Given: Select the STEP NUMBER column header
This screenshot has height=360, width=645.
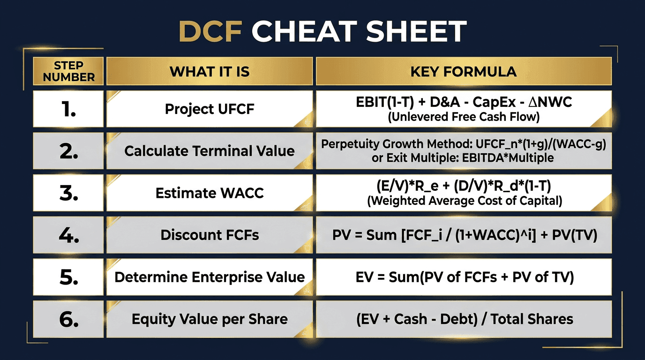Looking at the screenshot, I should pyautogui.click(x=68, y=71).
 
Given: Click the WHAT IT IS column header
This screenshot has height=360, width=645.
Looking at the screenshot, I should pyautogui.click(x=210, y=71).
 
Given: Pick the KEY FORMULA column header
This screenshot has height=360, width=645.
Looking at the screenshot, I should pyautogui.click(x=464, y=71).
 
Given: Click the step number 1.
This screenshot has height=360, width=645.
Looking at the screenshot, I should pyautogui.click(x=68, y=109).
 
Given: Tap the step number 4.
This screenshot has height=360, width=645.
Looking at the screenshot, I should pyautogui.click(x=68, y=235).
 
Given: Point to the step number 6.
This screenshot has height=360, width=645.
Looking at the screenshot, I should pyautogui.click(x=68, y=319).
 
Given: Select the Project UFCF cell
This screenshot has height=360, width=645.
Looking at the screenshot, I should pyautogui.click(x=210, y=109).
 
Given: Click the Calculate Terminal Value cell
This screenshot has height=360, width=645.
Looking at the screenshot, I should pyautogui.click(x=210, y=151).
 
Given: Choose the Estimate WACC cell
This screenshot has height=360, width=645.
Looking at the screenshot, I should pyautogui.click(x=210, y=193).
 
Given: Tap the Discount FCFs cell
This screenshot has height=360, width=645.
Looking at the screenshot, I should pyautogui.click(x=210, y=235).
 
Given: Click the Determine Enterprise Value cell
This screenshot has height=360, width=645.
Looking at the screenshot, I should pyautogui.click(x=210, y=277).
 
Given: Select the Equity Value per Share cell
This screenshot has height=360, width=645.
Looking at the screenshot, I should pyautogui.click(x=210, y=319).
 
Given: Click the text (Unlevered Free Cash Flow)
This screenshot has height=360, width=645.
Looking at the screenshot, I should pyautogui.click(x=464, y=117).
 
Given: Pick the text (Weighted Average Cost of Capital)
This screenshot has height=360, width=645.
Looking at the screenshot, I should pyautogui.click(x=464, y=201).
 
